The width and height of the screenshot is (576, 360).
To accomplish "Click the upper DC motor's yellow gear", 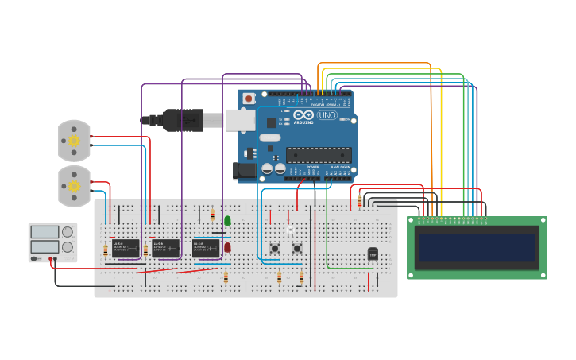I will tap(74, 141).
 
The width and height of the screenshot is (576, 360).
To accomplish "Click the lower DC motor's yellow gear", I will tap(74, 186).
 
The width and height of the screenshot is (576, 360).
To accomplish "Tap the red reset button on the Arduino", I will tap(249, 99).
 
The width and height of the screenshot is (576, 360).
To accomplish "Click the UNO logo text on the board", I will tap(327, 115).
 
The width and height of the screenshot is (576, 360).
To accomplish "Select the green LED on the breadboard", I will tap(227, 220).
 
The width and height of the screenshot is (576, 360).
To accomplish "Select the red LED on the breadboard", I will tap(227, 247).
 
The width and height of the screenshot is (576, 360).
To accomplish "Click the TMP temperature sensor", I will tap(373, 254).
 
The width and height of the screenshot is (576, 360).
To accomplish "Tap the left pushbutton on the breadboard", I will tap(275, 248).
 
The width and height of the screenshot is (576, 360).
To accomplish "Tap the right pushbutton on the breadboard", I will tap(297, 248).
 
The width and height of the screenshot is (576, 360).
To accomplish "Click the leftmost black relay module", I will tap(126, 248).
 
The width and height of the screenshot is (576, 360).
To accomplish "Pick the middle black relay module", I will tap(166, 248).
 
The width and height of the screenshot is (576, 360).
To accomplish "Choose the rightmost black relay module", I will tap(206, 248).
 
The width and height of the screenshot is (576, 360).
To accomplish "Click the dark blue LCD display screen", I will tap(477, 247).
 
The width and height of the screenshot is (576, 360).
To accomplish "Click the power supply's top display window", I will tap(44, 232).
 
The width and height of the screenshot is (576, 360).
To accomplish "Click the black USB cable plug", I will tap(183, 120).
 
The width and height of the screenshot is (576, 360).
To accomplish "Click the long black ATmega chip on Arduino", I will tap(319, 155).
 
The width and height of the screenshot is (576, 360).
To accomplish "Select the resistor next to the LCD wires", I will tap(359, 202).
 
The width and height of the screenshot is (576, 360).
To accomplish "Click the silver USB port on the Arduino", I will tap(239, 120).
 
